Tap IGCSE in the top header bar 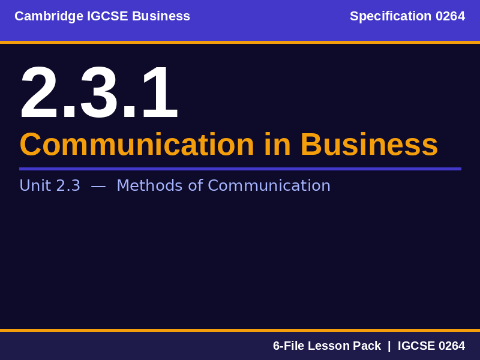click(107, 16)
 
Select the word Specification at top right click(391, 16)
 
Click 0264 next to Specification click(450, 16)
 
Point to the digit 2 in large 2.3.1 click(40, 94)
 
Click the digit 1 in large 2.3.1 click(160, 94)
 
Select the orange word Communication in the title click(137, 145)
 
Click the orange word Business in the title click(369, 145)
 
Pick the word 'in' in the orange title click(277, 145)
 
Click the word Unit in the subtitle click(35, 186)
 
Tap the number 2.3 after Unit click(68, 186)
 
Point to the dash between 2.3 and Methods click(98, 186)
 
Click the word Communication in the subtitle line click(269, 186)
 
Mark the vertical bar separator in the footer click(389, 346)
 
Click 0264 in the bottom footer click(451, 346)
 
